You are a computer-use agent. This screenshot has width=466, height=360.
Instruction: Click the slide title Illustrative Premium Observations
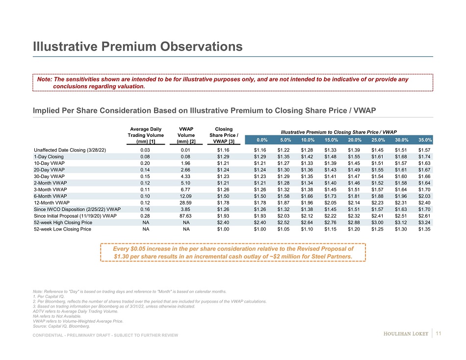(138, 47)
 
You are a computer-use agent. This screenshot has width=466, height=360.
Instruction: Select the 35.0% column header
(425, 140)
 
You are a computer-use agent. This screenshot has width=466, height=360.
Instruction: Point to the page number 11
(439, 334)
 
